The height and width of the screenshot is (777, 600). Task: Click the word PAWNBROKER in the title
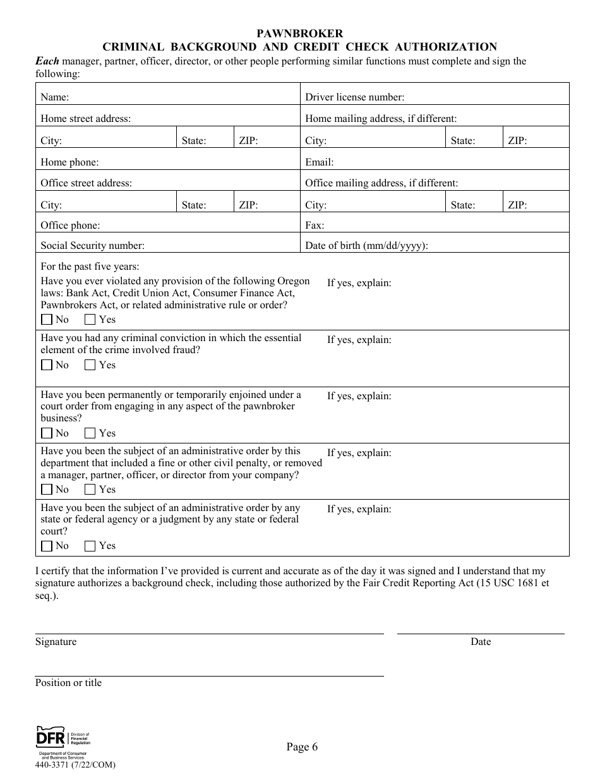coord(300,33)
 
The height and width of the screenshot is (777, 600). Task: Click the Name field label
coord(55,97)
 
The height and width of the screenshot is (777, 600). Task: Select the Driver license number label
coord(354,97)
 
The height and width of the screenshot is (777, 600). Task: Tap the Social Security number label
coord(92,246)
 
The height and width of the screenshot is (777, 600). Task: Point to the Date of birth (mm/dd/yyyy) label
coord(366,246)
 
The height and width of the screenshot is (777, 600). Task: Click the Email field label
coord(319,162)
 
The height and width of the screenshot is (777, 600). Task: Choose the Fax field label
coord(315,226)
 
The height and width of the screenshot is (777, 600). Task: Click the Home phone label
coord(69,162)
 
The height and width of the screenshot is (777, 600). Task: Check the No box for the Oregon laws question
coord(47,320)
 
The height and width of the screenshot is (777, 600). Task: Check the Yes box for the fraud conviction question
coord(90,365)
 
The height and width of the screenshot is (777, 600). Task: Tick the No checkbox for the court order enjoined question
coord(47,433)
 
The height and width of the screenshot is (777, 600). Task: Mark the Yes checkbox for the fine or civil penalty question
coord(90,490)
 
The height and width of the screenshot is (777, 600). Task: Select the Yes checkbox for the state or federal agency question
coord(90,546)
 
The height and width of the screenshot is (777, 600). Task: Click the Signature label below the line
coord(56,642)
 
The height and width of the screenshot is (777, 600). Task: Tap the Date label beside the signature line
coord(480,642)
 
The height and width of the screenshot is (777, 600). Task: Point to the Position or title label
coord(68,683)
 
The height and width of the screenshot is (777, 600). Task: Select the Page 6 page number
coord(302,747)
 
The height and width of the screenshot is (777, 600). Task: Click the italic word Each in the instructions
coord(47,61)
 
